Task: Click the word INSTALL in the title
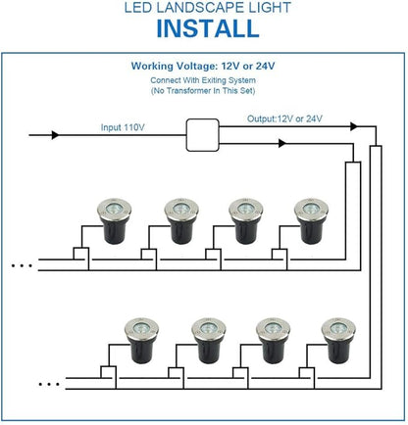(x=208, y=28)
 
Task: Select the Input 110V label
(x=123, y=127)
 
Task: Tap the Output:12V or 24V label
(x=284, y=118)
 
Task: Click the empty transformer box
(x=202, y=135)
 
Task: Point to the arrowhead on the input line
(x=55, y=135)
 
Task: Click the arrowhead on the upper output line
(x=354, y=126)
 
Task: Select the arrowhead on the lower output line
(x=282, y=143)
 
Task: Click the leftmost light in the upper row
(x=115, y=220)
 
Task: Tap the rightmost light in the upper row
(x=311, y=220)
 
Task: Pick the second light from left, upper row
(x=181, y=220)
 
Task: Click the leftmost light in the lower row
(x=142, y=341)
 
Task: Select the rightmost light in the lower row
(x=338, y=341)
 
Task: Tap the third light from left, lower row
(x=273, y=341)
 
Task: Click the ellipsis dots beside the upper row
(x=22, y=265)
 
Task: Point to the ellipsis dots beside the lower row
(x=49, y=384)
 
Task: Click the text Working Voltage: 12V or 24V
(x=203, y=67)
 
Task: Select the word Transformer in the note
(x=188, y=91)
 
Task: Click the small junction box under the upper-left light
(x=80, y=254)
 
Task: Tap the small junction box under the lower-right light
(x=307, y=373)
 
